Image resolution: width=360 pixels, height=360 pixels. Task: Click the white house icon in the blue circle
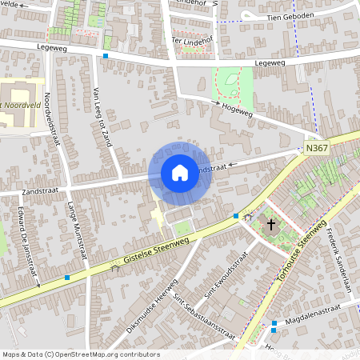click(179, 172)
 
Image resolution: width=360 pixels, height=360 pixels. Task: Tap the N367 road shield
click(317, 149)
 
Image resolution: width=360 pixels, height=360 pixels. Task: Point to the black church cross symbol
click(271, 225)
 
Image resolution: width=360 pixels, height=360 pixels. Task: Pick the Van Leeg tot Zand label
click(102, 117)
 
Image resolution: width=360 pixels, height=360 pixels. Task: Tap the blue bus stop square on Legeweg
click(106, 56)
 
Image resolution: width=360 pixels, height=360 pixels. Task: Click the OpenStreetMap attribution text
click(80, 354)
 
